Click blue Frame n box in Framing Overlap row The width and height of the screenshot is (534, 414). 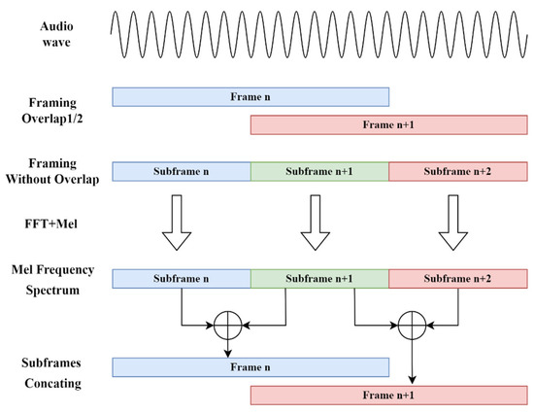click(250, 96)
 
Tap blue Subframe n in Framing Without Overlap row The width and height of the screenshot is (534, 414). click(182, 171)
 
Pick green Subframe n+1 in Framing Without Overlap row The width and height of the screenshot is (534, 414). click(319, 171)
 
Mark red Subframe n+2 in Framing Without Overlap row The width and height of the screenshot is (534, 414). click(457, 171)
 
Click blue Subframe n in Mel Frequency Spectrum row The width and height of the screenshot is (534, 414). click(182, 279)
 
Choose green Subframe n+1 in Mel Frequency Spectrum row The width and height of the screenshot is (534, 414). click(319, 279)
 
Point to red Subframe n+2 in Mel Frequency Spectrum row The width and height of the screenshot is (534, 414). click(457, 279)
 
